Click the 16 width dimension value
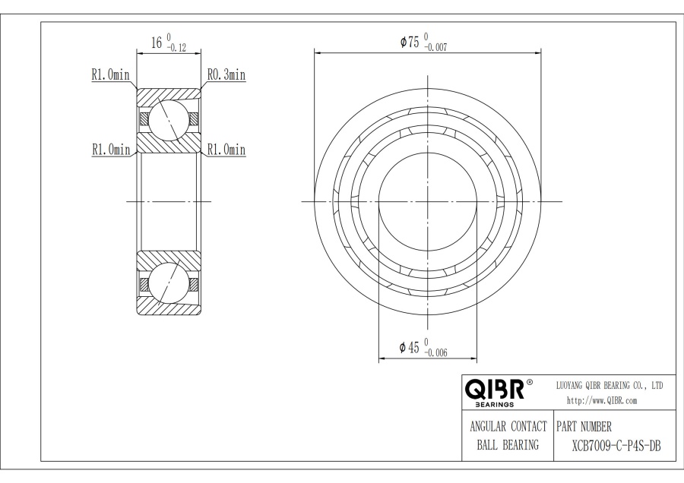coord(157,44)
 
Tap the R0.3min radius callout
coord(226,75)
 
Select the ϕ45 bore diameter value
coord(410,347)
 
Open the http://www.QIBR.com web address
coord(602,400)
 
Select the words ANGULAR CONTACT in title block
coord(508,426)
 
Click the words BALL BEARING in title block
coord(508,445)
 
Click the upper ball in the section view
coord(168,119)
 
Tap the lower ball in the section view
coord(168,283)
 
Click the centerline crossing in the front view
coord(428,201)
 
